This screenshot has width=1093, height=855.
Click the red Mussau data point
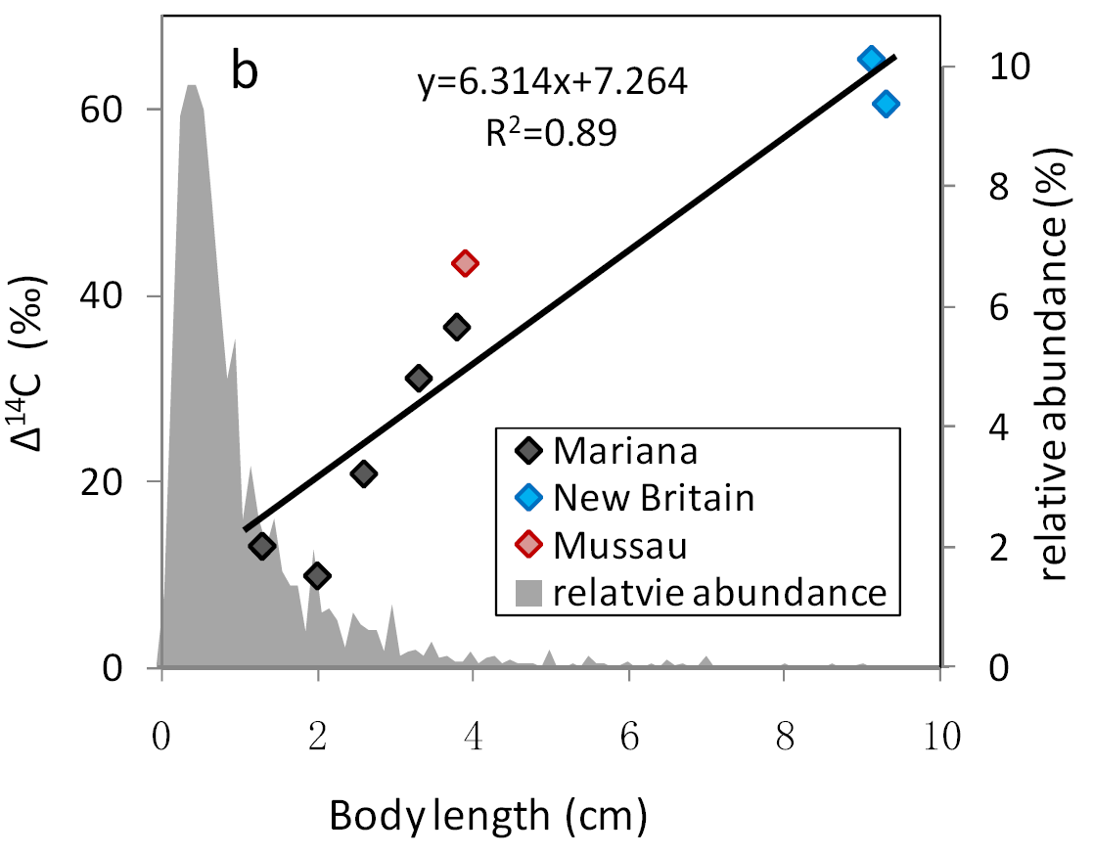click(x=465, y=262)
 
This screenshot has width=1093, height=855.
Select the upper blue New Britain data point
click(x=871, y=59)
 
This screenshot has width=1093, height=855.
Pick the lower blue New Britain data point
click(x=887, y=104)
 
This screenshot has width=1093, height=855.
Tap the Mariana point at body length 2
click(x=317, y=575)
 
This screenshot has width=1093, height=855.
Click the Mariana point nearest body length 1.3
click(x=261, y=546)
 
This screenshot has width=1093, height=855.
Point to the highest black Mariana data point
click(x=456, y=327)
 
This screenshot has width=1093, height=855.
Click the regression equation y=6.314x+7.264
click(x=553, y=83)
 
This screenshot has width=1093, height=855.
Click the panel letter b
click(x=245, y=73)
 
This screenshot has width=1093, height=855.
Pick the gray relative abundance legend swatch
click(x=529, y=592)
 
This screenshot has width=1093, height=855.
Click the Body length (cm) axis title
click(x=488, y=814)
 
